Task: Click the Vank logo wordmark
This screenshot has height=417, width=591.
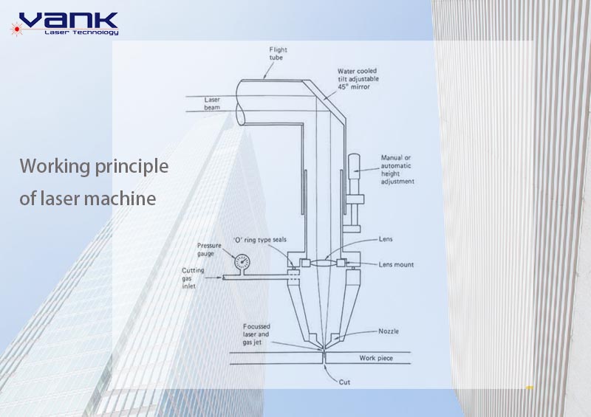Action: [69, 21]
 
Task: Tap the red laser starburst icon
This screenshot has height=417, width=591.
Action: [16, 29]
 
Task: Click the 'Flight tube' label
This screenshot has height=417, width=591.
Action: [278, 53]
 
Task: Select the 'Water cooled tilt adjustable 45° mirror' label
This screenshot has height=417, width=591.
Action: [358, 79]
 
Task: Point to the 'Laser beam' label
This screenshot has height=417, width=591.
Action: [212, 103]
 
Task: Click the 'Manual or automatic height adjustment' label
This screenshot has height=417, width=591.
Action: [397, 170]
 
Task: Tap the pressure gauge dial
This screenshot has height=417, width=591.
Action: [242, 262]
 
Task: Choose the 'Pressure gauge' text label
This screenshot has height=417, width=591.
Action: [209, 249]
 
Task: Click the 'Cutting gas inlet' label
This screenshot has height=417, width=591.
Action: [193, 278]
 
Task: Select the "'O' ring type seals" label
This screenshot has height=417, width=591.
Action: [260, 240]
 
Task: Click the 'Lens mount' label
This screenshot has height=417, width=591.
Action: [396, 264]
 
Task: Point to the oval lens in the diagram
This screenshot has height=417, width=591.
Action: [323, 263]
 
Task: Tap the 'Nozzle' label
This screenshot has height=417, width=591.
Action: [389, 331]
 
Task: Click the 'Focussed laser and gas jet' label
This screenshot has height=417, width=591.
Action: [256, 334]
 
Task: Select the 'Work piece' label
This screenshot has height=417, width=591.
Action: [376, 358]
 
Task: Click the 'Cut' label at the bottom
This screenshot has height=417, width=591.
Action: [344, 382]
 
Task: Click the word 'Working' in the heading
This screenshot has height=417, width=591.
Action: [55, 167]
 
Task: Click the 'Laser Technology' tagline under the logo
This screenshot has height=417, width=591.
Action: [81, 32]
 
